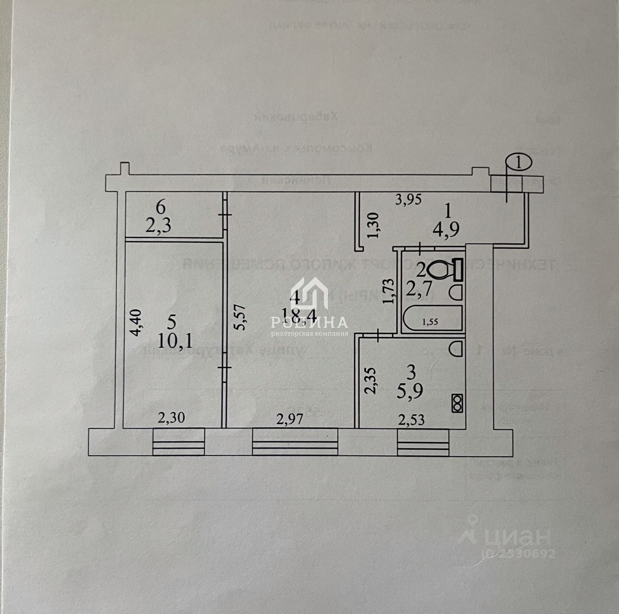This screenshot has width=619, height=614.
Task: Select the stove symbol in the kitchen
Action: pos(457,404)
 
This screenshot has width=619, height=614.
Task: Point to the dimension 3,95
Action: pos(409,199)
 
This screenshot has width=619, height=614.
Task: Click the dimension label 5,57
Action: pos(236,318)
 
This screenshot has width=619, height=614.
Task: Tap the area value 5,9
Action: pos(411,391)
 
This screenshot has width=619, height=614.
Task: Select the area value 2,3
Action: pos(161,225)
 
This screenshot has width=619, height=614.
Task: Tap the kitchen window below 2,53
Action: pos(424,442)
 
